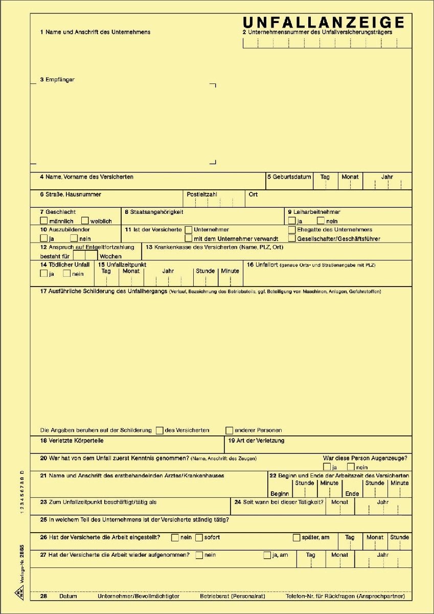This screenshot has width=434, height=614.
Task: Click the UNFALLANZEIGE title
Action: click(324, 23)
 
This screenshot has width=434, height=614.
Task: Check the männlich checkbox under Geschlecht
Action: click(44, 221)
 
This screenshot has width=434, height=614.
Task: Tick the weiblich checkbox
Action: click(85, 221)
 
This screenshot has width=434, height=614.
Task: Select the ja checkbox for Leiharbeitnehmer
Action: click(292, 221)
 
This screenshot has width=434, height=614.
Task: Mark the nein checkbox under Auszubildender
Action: click(74, 238)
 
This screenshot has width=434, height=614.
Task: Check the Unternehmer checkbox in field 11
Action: click(189, 230)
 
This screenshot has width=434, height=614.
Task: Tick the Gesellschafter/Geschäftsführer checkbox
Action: click(292, 238)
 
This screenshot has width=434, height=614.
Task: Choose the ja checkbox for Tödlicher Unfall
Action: click(44, 273)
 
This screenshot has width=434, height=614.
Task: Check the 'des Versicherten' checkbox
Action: click(159, 430)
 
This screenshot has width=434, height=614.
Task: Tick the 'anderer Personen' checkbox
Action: click(230, 430)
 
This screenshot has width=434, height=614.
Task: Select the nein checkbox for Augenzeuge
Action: click(351, 467)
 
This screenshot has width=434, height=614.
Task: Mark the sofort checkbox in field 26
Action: click(199, 537)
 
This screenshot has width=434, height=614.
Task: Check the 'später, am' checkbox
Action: click(296, 537)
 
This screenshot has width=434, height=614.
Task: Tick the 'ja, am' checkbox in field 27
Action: click(267, 555)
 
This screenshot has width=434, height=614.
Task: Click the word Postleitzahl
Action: click(202, 194)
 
